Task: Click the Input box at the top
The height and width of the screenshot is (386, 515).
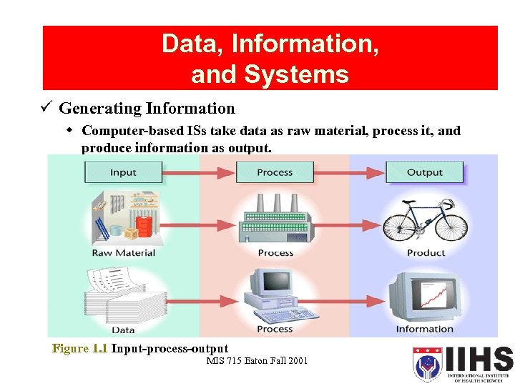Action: tap(123, 172)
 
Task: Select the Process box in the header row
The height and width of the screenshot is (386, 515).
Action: tap(275, 172)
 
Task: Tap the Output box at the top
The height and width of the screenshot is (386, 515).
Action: tap(424, 172)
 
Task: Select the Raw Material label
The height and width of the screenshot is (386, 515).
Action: tap(124, 253)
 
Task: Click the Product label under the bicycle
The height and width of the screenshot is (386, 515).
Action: tap(426, 253)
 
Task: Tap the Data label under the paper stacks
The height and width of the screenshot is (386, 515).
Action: tap(124, 330)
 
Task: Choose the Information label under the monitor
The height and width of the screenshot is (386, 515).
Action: tap(425, 329)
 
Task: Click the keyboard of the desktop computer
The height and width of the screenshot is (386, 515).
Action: tap(281, 315)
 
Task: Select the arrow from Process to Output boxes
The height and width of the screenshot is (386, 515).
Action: tap(349, 172)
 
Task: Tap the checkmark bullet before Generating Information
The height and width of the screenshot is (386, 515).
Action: tap(46, 108)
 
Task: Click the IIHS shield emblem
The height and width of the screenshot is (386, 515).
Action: tap(427, 364)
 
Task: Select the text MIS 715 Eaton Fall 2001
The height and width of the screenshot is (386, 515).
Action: tap(257, 360)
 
